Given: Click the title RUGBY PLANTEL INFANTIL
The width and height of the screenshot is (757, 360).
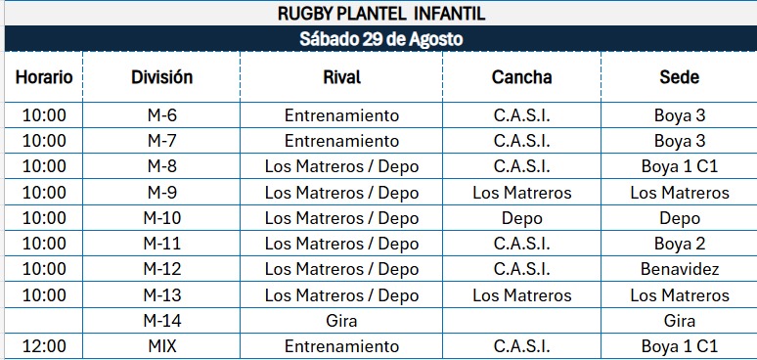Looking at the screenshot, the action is coord(380,14).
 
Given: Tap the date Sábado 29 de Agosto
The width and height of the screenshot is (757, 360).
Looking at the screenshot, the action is coord(380,38).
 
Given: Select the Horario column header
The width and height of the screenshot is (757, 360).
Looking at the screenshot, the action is coord(44,76).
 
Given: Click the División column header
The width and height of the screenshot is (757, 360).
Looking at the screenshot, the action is coord(161,76).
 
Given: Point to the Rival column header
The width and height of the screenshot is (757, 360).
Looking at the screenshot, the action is coord(341,76).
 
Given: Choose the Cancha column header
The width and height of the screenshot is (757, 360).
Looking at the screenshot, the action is coord(522,76).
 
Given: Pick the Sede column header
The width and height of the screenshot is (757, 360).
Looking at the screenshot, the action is coord(680,76).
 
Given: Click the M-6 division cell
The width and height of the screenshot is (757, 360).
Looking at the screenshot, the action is coord(161,115).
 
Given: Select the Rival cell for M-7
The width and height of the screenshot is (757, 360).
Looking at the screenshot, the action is coord(341,141).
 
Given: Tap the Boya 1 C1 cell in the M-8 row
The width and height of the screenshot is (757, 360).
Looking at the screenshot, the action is coord(680,166).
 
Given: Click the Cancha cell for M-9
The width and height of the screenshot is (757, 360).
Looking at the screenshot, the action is coord(522,193).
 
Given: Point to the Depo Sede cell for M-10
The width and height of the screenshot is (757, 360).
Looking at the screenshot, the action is coord(680,218).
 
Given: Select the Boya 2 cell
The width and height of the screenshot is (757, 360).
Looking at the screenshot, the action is coord(680,244).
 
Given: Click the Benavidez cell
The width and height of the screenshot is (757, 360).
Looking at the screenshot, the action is coord(680,269).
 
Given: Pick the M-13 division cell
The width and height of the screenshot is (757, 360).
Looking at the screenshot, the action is coord(161,294).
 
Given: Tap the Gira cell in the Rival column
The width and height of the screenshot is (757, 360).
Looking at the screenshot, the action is coord(341,321).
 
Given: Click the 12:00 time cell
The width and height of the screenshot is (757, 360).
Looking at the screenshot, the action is coord(44,346).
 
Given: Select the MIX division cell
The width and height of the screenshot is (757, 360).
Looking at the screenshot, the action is coord(161,346).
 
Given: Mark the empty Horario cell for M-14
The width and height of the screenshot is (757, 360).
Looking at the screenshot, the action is coord(44,321).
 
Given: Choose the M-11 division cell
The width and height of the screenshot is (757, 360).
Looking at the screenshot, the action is coord(161,244).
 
